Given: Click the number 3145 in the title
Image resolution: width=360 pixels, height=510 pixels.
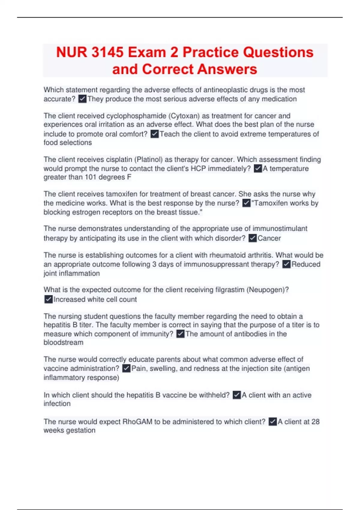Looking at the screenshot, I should [x=107, y=52].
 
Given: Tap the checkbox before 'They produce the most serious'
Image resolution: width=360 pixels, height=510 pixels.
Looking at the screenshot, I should [x=82, y=99].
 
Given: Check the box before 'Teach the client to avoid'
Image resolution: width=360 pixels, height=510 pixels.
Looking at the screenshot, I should [x=154, y=134].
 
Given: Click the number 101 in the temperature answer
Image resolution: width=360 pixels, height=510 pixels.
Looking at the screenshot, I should [x=90, y=177].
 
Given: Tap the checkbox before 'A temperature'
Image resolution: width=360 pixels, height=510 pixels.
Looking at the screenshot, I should [x=258, y=169].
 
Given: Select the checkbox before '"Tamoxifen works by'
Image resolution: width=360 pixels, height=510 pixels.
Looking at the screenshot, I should [x=246, y=203].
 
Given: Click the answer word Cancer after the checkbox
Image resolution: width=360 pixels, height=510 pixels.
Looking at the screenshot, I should [x=269, y=238].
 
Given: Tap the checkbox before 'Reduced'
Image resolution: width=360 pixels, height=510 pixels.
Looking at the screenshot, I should [x=286, y=264].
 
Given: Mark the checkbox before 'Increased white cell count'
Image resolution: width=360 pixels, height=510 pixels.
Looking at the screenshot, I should [x=48, y=299].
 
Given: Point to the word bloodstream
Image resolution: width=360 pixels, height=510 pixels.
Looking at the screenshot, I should [x=63, y=342].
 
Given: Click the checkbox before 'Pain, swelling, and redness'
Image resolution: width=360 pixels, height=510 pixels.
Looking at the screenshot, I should [x=126, y=368].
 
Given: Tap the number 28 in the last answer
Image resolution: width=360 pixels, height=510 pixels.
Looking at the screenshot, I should [x=315, y=421].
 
